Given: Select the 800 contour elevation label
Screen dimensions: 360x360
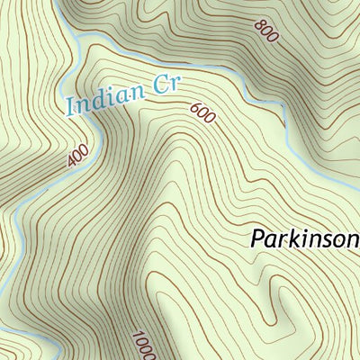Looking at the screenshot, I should (265, 33).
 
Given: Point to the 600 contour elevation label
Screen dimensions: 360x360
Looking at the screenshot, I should (203, 115).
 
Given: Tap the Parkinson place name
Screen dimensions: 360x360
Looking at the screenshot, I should (304, 239).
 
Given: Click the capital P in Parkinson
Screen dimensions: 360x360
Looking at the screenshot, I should (256, 239).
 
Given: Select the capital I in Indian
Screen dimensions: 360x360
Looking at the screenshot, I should (70, 108).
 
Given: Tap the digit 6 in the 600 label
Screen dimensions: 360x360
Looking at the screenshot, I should (197, 109).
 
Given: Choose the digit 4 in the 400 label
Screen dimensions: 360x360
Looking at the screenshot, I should (72, 163).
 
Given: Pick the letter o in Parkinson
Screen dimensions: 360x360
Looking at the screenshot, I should (336, 240).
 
